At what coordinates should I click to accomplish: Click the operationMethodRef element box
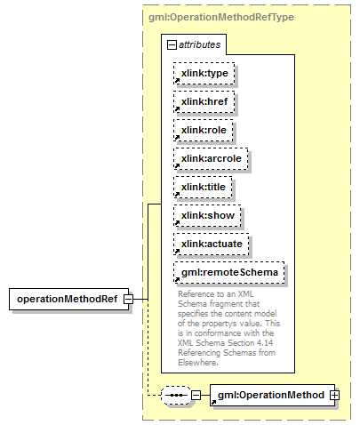68,299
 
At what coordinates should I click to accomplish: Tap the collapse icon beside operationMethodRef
129,299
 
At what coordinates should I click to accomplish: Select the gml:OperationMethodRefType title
221,17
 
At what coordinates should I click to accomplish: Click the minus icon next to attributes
172,45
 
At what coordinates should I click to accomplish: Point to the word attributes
200,44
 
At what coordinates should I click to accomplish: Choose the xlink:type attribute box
204,73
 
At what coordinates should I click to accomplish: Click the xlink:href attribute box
204,101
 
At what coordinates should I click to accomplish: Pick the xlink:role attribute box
204,130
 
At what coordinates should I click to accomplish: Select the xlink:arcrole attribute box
211,158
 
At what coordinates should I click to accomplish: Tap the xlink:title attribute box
203,187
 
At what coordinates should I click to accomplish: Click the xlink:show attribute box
207,215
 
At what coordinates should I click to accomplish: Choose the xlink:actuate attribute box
212,244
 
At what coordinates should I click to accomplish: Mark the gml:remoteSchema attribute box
229,272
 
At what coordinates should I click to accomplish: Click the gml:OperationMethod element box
272,395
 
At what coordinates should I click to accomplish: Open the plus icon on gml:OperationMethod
335,395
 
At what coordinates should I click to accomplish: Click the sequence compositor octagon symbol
176,395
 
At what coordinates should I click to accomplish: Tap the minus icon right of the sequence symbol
196,395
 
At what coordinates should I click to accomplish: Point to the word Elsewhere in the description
198,363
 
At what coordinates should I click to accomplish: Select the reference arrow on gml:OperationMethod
213,402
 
